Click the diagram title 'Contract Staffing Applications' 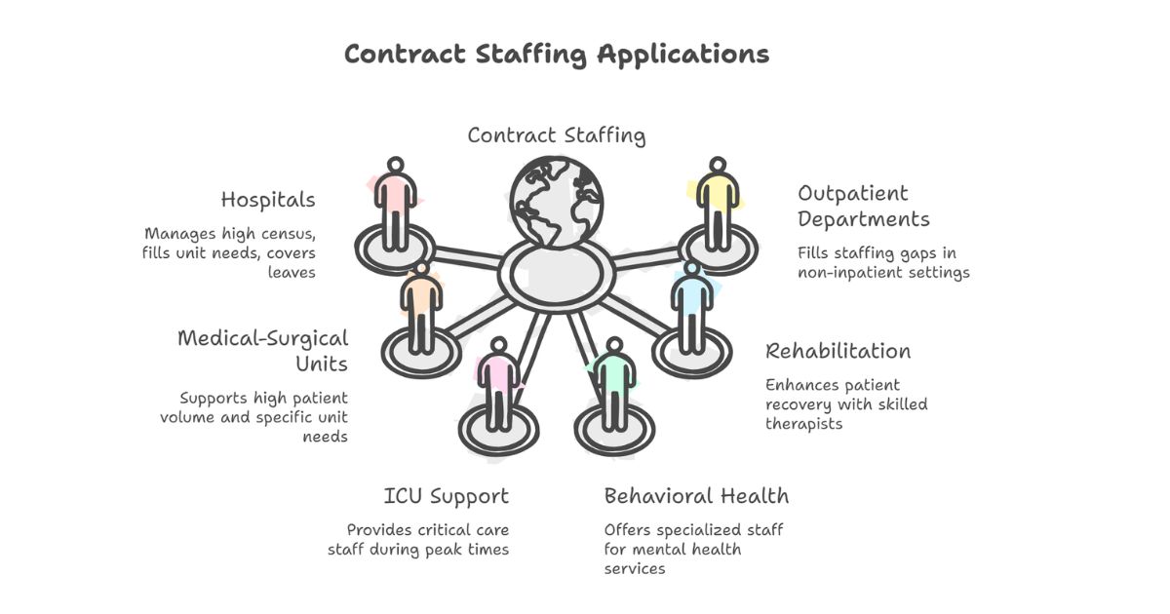[557, 54]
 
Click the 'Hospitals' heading [268, 200]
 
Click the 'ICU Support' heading [446, 496]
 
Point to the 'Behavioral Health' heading [696, 496]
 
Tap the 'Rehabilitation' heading [838, 351]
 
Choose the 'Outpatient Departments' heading [863, 206]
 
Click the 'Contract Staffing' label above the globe [556, 135]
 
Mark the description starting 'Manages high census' [230, 253]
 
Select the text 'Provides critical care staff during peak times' [418, 539]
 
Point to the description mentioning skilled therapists [845, 404]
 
